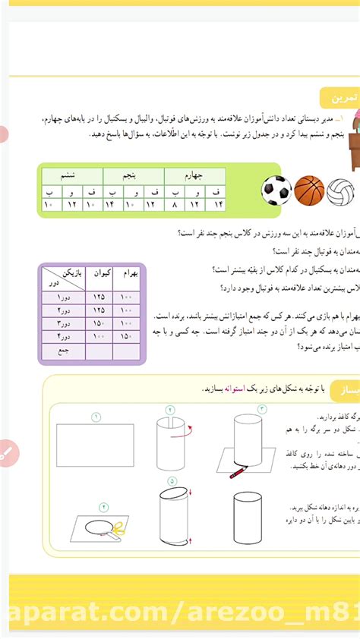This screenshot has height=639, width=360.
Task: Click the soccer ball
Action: tap(276, 190)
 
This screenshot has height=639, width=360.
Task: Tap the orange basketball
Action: tap(309, 190)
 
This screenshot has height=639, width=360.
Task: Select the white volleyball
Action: tap(340, 191)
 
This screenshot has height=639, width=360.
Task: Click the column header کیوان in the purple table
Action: tap(99, 273)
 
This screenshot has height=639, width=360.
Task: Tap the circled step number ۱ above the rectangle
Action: tap(96, 417)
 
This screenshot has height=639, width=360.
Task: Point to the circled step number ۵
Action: tap(172, 480)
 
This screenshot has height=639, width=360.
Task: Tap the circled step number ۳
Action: tap(261, 408)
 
